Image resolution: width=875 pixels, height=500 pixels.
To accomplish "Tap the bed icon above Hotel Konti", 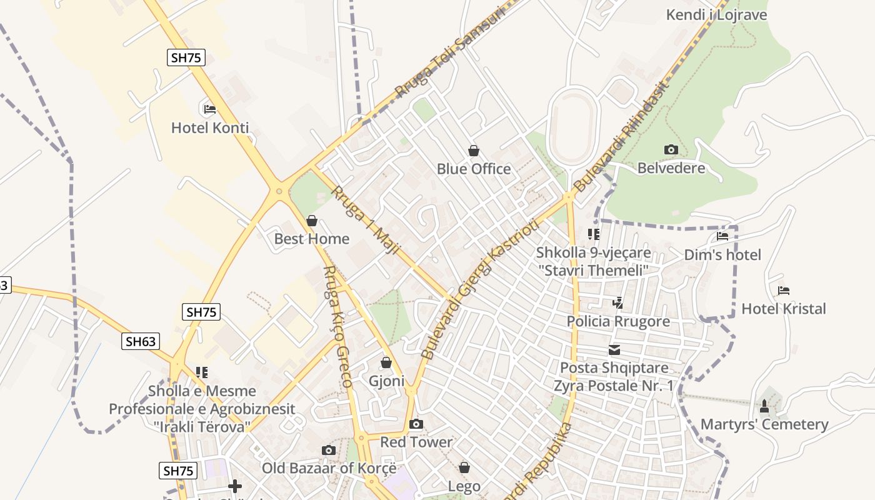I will (x=209, y=109).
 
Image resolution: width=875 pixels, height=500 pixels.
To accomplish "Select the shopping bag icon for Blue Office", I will (x=474, y=151).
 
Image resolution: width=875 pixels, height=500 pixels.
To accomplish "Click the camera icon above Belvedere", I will (x=671, y=149).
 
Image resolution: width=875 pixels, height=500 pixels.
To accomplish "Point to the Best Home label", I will (x=312, y=239).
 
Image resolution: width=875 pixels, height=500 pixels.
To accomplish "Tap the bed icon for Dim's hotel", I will (x=722, y=236).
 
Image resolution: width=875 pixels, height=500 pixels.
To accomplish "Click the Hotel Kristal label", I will (x=783, y=309).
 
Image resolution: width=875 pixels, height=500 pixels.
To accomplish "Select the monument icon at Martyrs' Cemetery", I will (x=764, y=406).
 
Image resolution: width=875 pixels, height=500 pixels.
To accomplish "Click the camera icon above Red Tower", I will (x=416, y=424).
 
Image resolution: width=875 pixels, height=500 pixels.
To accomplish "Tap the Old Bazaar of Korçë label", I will (x=329, y=468).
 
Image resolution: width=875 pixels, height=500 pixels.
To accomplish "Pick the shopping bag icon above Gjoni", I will (x=386, y=362).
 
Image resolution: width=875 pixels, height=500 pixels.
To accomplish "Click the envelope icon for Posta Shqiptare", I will (x=614, y=350).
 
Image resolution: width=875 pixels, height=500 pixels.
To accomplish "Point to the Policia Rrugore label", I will (x=618, y=321).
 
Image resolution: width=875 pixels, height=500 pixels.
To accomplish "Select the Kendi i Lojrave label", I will (x=716, y=14).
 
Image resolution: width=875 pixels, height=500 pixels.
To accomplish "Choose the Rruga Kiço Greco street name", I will (x=337, y=325).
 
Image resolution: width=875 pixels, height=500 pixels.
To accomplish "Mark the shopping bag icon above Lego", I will (x=464, y=467).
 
